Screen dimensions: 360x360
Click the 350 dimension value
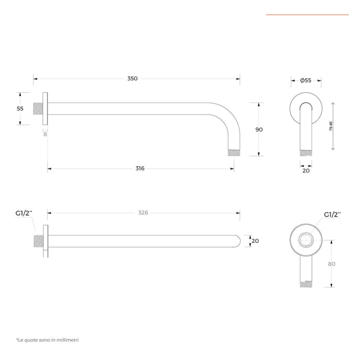point(132,78)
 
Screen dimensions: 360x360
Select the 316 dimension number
point(140,168)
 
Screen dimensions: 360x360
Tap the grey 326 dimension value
point(143,212)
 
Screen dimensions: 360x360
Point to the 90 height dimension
point(259,129)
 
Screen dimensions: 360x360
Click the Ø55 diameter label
point(305,80)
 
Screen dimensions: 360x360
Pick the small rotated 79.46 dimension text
point(331,126)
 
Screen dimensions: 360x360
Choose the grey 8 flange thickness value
point(45,134)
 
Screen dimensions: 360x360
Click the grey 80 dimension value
point(331,264)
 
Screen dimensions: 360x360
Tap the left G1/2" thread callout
point(24,213)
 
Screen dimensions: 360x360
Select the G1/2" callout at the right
point(332,214)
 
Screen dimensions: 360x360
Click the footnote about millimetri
point(47,340)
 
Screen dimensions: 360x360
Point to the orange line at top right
point(307,14)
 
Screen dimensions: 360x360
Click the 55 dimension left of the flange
point(20,108)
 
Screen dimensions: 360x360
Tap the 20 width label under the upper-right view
point(306,170)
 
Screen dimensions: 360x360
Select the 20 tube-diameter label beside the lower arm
point(255,241)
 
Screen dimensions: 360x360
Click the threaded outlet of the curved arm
point(234,153)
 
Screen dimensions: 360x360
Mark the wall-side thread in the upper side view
point(38,108)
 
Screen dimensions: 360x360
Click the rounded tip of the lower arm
point(237,241)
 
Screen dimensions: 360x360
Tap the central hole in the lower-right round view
point(306,240)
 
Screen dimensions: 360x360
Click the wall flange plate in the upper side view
point(45,108)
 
